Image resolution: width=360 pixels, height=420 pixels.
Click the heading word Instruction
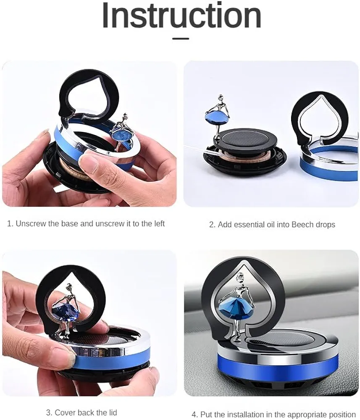coord(181,16)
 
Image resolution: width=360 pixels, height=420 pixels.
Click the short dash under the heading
coord(181,39)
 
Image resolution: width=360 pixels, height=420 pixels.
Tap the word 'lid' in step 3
coord(112,412)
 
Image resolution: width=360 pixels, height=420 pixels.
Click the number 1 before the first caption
coord(9,223)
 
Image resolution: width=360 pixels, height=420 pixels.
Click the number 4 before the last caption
coord(194,414)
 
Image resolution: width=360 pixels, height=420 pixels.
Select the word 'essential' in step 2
coord(250,225)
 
